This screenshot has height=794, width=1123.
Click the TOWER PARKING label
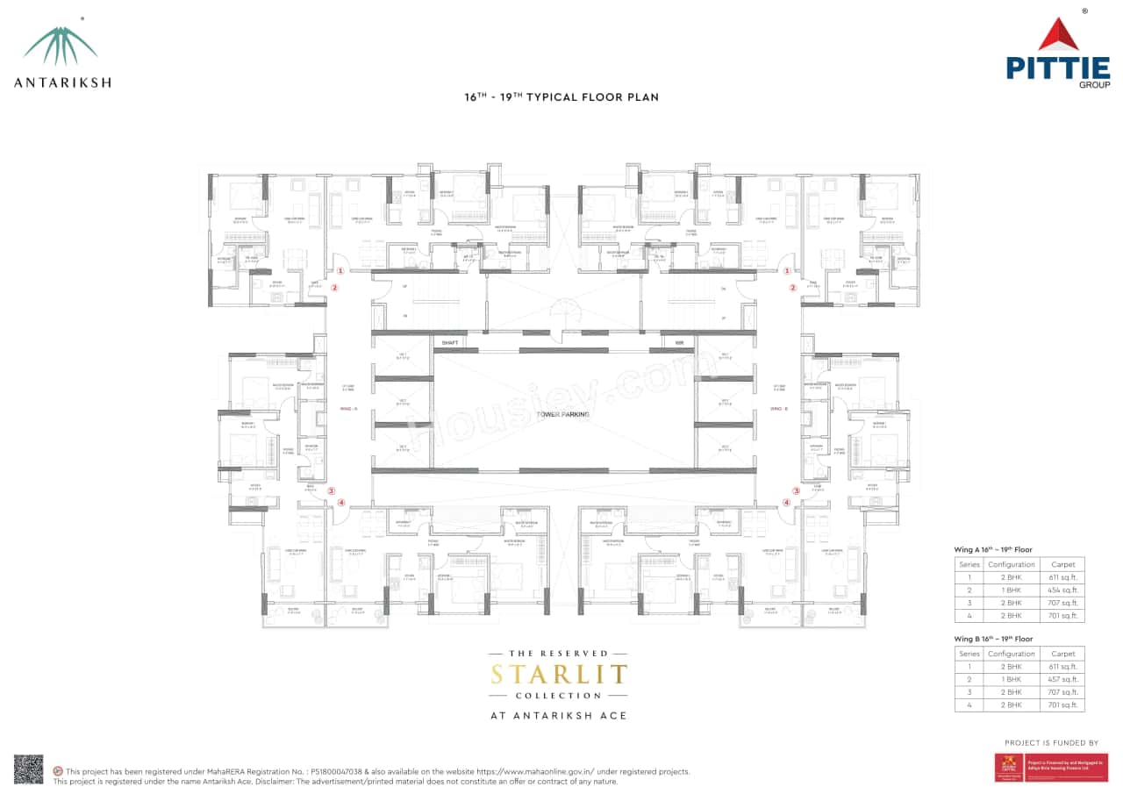click(563, 414)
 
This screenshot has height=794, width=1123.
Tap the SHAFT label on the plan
click(451, 342)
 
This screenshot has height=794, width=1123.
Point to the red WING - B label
click(779, 409)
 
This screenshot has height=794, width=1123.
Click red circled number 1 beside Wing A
click(340, 272)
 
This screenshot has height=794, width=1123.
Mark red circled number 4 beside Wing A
click(341, 503)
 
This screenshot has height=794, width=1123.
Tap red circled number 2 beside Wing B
click(792, 288)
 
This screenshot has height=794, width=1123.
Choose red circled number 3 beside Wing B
click(796, 490)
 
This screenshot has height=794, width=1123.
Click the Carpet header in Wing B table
click(1062, 654)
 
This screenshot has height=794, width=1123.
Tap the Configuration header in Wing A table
click(1012, 564)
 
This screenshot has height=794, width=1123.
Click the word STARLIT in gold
click(559, 675)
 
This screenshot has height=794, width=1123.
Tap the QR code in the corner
click(28, 769)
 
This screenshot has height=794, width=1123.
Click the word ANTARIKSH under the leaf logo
click(61, 82)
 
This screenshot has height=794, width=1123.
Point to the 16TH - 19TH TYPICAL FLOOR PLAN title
click(561, 97)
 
